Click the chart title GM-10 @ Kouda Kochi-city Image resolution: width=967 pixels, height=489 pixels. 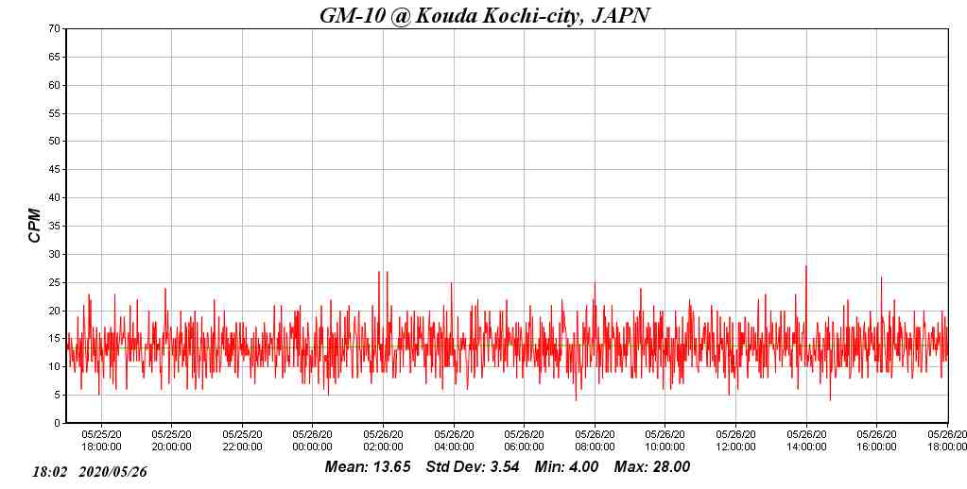pyautogui.click(x=484, y=15)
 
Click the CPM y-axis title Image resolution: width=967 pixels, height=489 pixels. pyautogui.click(x=35, y=226)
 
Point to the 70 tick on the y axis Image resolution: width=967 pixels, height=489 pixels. pyautogui.click(x=55, y=29)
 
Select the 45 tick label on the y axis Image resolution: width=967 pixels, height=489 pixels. pyautogui.click(x=55, y=170)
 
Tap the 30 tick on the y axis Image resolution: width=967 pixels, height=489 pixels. pyautogui.click(x=55, y=254)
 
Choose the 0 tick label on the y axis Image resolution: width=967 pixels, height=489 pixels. pyautogui.click(x=58, y=423)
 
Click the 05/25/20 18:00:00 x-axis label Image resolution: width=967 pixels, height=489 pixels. pyautogui.click(x=101, y=441)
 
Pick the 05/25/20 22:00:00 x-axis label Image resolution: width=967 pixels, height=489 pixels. pyautogui.click(x=242, y=441)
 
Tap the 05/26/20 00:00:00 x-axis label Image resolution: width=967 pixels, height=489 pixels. pyautogui.click(x=312, y=441)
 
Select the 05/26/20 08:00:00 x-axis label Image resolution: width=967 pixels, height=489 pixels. pyautogui.click(x=595, y=441)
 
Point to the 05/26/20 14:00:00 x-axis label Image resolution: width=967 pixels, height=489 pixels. pyautogui.click(x=805, y=441)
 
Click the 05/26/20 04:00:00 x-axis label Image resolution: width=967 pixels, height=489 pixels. pyautogui.click(x=454, y=441)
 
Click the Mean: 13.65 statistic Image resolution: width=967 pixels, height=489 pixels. pyautogui.click(x=368, y=467)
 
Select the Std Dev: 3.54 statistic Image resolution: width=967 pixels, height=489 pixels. pyautogui.click(x=473, y=467)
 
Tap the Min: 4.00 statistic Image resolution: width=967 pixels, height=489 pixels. pyautogui.click(x=566, y=467)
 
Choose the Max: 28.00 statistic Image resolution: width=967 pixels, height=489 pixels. pyautogui.click(x=652, y=467)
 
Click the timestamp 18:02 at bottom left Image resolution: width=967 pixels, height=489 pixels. pyautogui.click(x=50, y=471)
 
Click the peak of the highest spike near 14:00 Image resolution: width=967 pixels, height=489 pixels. pyautogui.click(x=806, y=266)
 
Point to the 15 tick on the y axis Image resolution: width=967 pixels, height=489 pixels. pyautogui.click(x=55, y=339)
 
